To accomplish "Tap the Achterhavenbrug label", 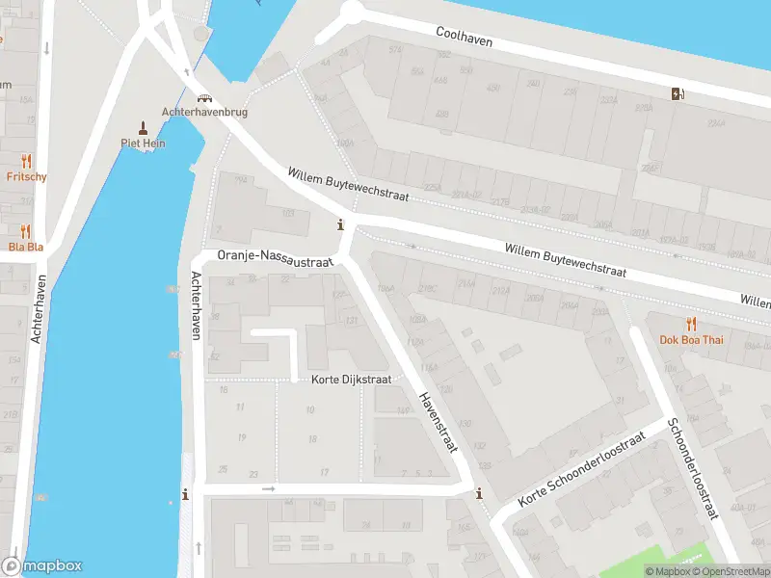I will [205, 112].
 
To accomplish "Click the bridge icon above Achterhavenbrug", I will [205, 97].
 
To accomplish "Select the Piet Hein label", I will [143, 144].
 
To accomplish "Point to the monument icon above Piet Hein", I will [143, 127].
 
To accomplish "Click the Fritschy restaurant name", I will [26, 177].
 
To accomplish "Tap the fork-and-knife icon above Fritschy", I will [26, 161].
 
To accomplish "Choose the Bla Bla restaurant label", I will [26, 246].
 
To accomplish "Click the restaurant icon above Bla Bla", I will [26, 230].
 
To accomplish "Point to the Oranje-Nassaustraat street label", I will [275, 257].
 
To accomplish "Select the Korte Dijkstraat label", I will [351, 380].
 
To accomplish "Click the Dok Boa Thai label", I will [691, 339].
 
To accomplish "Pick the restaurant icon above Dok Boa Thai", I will [691, 323].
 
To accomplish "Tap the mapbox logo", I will [42, 566].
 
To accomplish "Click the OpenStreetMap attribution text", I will [729, 572].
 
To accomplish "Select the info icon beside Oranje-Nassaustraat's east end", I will [339, 225].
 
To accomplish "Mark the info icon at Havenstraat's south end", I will [479, 495].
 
